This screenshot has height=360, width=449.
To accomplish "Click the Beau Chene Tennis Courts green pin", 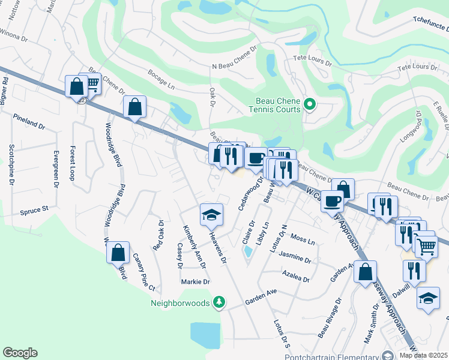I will pos(310,105).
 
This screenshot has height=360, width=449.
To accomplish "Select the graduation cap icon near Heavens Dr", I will pos(211,215).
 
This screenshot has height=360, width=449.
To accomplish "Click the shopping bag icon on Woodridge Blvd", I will pos(118,252).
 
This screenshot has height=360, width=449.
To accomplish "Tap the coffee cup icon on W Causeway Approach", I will pos(332,201).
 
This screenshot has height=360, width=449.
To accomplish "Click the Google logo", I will pos(20,353).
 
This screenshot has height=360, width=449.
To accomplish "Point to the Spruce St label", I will pos(34,210).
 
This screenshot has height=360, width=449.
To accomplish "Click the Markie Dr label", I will pos(195,281).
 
